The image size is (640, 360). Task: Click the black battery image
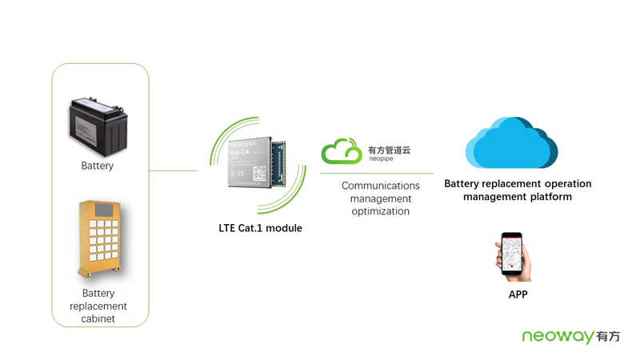point(98,125)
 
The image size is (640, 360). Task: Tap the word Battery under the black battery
point(98,166)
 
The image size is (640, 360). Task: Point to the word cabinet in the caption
point(98,318)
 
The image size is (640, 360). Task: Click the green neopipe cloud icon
point(341,151)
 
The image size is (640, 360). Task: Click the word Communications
point(380,186)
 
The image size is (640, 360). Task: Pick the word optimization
point(380,211)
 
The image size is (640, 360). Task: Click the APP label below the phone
point(518,295)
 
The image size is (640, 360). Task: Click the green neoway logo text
point(558,337)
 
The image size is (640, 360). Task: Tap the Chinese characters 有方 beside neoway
point(608,337)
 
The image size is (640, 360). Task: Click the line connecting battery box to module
point(174,170)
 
